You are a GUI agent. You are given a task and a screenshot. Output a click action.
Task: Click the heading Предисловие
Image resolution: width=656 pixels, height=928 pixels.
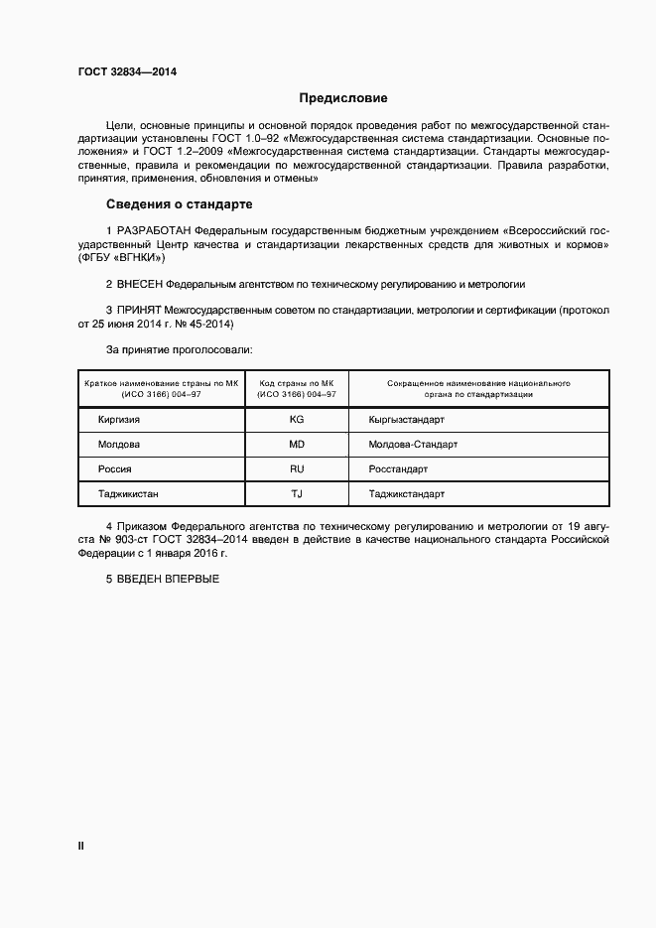342,98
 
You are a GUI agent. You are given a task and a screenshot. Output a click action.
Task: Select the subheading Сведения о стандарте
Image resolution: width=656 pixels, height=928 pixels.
179,204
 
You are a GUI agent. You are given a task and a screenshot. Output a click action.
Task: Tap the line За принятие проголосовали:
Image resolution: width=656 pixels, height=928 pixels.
179,350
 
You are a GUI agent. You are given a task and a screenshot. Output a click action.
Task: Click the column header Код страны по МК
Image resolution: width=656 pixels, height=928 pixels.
296,382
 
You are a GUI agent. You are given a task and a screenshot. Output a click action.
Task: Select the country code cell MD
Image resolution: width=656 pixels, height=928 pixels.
296,445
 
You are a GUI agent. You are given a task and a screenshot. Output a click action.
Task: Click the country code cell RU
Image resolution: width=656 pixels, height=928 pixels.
296,469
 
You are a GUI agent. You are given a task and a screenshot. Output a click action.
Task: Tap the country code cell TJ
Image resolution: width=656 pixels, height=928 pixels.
296,493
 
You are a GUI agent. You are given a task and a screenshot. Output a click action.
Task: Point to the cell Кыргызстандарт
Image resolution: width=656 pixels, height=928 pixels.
406,420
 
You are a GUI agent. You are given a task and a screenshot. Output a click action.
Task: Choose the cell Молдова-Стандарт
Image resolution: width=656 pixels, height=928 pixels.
413,445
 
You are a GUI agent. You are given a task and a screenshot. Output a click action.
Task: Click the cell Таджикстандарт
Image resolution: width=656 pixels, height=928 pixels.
406,493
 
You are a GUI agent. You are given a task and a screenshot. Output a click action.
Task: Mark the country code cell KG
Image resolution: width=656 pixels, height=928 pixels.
296,420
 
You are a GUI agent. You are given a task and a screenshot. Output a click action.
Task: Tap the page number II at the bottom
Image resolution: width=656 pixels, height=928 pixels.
81,846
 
